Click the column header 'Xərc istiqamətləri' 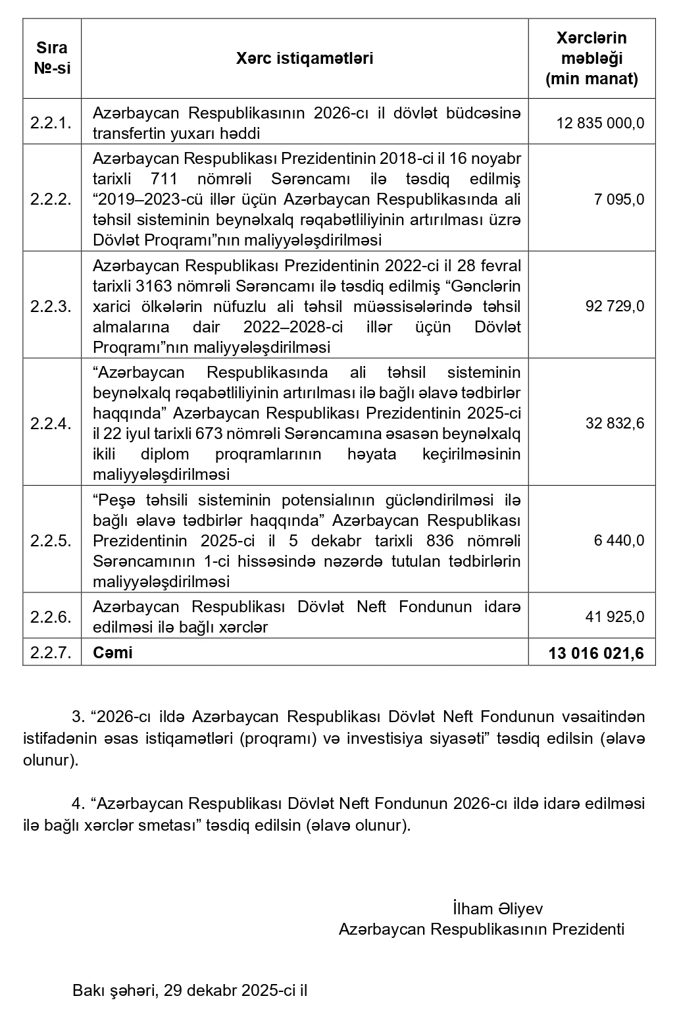coord(304,59)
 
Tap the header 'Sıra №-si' coord(51,59)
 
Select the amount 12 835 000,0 coord(600,123)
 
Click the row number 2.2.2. coord(51,199)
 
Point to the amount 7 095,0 coord(618,199)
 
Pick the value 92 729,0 coord(615,305)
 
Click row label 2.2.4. coord(51,423)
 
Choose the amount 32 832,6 coord(615,423)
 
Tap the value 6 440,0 coord(618,540)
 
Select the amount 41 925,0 coord(615,617)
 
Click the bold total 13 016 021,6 coord(595,653)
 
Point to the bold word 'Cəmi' coord(113,652)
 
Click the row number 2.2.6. coord(51,617)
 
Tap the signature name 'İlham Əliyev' coord(497,909)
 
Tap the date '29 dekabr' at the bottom coord(194,990)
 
